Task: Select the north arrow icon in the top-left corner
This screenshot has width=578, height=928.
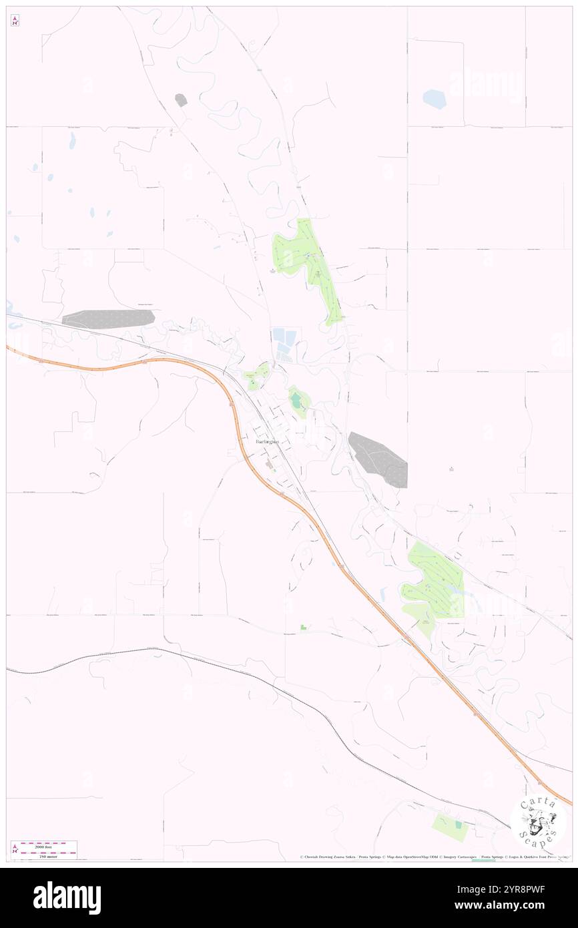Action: coord(15,20)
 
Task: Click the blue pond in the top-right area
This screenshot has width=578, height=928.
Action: coord(434,99)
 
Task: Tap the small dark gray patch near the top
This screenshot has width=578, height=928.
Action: coord(181,100)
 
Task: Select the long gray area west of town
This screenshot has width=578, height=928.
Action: coord(108,318)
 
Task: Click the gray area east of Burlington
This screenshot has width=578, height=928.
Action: coord(379,459)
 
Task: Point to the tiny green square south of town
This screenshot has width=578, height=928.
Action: coord(304,627)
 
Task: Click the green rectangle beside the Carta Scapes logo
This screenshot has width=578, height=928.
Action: coord(449,826)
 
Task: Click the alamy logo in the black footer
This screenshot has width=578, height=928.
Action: coord(67,898)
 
